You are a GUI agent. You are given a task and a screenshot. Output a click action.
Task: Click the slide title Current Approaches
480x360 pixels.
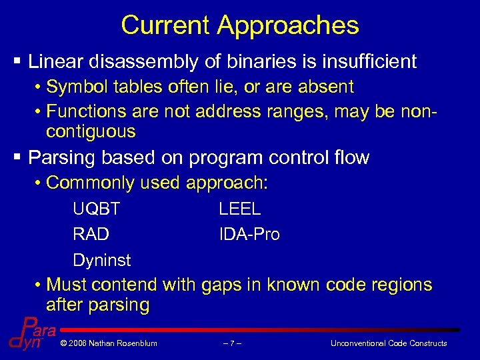pyautogui.click(x=240, y=25)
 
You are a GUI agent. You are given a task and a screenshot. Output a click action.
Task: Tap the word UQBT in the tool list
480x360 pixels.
pyautogui.click(x=97, y=209)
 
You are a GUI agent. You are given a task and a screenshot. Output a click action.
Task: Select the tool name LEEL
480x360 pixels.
pyautogui.click(x=240, y=209)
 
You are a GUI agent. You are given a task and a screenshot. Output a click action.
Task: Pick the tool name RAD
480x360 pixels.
pyautogui.click(x=91, y=235)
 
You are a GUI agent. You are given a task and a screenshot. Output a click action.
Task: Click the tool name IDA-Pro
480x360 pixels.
pyautogui.click(x=249, y=235)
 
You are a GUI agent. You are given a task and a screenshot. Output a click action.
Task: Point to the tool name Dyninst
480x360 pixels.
pyautogui.click(x=102, y=260)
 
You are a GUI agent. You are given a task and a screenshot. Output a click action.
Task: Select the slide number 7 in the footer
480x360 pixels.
pyautogui.click(x=232, y=343)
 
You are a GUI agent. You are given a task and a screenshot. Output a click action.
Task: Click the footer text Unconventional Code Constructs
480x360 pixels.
pyautogui.click(x=389, y=343)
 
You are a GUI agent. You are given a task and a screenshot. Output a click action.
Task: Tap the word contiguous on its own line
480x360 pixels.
pyautogui.click(x=91, y=131)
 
